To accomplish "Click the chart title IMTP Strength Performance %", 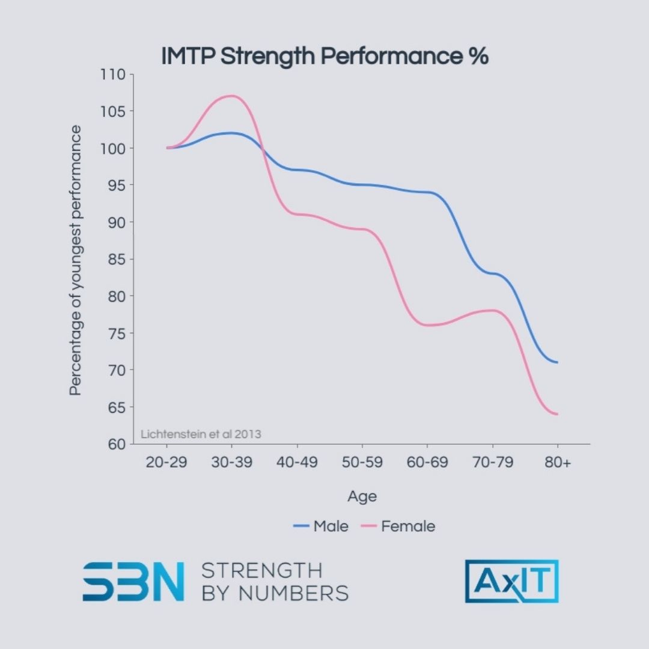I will click(324, 56).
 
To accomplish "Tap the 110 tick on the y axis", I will click(113, 75).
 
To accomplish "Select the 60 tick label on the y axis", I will click(117, 445).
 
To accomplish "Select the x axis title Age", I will click(362, 496).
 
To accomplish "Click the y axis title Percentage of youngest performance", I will click(75, 260).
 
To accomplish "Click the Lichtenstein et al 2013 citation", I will click(201, 433).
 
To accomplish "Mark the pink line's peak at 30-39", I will click(231, 96).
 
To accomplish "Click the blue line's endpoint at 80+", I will click(557, 362).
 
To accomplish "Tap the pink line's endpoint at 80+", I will click(557, 414).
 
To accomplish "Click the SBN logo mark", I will click(133, 581).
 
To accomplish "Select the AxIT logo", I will click(511, 581).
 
